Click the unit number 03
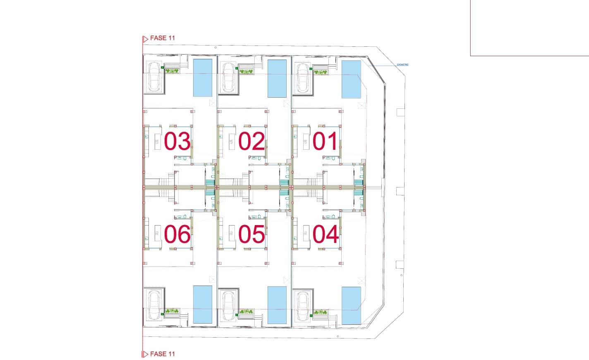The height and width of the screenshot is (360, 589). coord(177,142)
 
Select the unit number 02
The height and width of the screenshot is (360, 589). coord(251,142)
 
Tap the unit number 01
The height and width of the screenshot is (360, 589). coord(326,142)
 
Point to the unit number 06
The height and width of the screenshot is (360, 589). coord(177,234)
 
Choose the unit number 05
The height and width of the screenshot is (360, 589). coord(251,234)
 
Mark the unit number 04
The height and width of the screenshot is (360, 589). coord(326,234)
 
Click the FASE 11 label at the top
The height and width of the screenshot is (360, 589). coord(162,38)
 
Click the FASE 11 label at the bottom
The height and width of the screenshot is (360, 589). coord(162,354)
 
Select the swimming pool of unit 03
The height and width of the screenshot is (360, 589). coord(203,78)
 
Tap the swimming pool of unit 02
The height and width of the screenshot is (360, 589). coord(277,79)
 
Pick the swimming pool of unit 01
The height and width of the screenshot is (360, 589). coord(351,79)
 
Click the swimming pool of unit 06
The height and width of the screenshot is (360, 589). coord(203,305)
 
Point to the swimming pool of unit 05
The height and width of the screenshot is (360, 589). coord(277,305)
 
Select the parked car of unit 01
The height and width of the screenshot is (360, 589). coord(303,78)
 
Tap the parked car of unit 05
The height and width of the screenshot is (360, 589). coord(228,305)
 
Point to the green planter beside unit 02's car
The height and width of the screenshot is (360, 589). coord(246,72)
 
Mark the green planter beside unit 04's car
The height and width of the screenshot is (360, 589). coord(320,312)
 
